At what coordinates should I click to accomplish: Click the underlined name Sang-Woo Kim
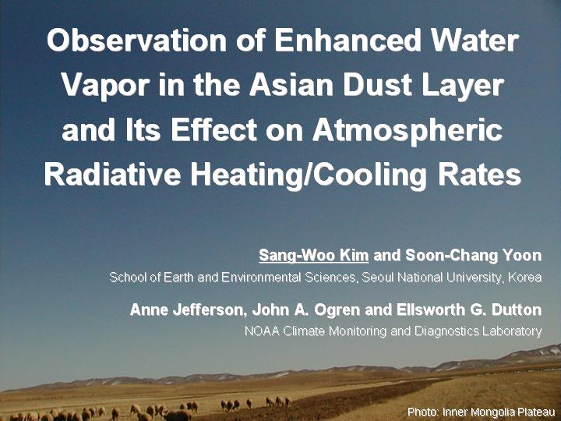pos(313,256)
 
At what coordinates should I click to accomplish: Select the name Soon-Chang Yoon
pos(474,256)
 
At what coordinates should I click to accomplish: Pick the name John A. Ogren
pos(306,310)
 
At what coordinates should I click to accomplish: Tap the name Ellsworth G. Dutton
pos(469,310)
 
